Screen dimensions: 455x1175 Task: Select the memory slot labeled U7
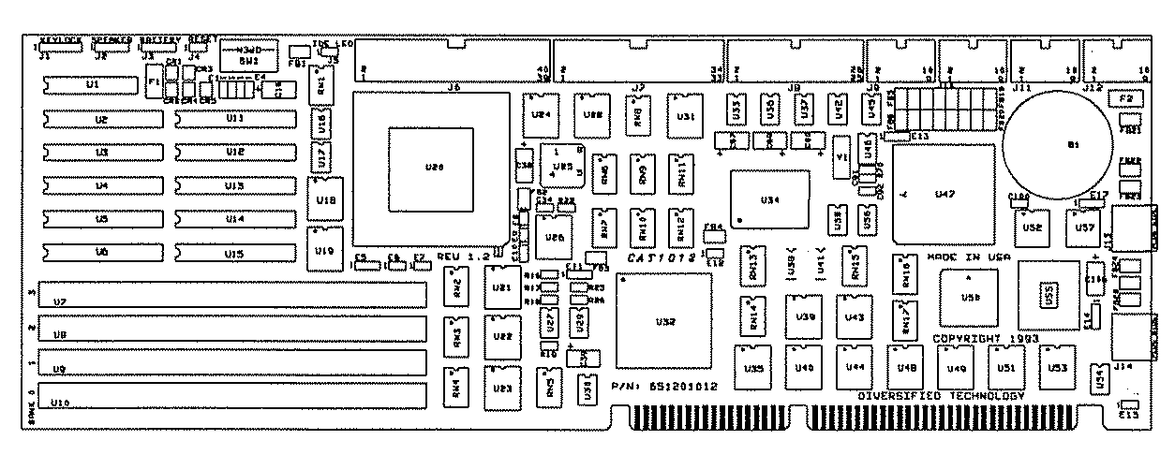pos(230,301)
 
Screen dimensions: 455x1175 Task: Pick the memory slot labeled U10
pos(230,401)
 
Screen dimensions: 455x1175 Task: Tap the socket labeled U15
pos(235,254)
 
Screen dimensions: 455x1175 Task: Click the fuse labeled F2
pos(1125,97)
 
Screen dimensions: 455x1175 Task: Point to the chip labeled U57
pos(1085,227)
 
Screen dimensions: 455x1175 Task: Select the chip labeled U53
pos(1057,368)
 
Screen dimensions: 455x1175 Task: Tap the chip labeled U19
pos(324,250)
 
